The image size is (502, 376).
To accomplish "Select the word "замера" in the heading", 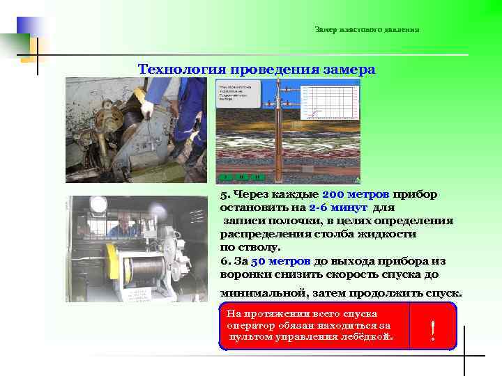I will (350, 70).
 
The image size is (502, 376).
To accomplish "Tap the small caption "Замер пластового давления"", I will (367, 29).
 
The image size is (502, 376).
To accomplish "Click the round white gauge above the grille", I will (98, 204).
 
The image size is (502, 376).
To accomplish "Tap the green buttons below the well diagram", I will (241, 178).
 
